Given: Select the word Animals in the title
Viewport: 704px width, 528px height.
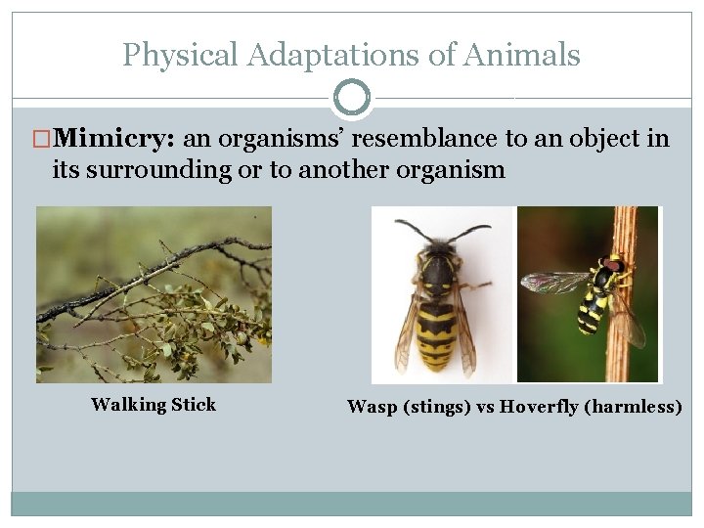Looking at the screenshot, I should pos(529,55).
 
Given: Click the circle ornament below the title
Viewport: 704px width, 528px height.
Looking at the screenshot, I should pos(351,98).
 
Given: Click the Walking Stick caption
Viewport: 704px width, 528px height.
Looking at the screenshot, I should pos(154,405).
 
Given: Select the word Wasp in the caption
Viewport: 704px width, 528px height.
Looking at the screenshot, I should pos(372,407).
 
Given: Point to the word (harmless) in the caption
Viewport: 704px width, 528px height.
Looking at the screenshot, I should pos(633,407).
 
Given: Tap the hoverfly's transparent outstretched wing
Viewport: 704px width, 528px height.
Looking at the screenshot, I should pos(553,282).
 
